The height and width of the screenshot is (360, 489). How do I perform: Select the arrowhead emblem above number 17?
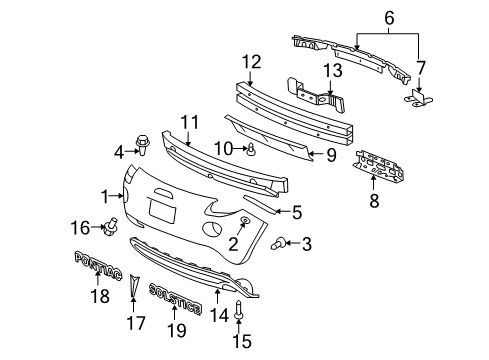(131, 289)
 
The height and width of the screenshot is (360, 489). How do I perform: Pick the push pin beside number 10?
(254, 152)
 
